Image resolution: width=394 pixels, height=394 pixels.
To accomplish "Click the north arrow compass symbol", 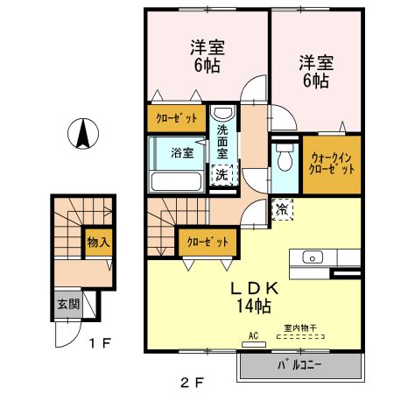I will tap(80, 132).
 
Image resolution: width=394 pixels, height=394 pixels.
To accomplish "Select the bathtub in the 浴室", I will tap(177, 181).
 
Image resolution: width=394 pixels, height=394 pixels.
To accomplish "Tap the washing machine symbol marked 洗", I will tap(222, 174).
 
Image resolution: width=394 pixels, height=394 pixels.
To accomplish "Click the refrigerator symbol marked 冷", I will tap(282, 209).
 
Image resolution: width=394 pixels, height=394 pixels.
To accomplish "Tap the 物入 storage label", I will tap(97, 241).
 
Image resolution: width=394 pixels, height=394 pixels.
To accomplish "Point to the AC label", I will tap(253, 335).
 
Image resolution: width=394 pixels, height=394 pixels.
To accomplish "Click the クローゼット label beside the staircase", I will tap(208, 241).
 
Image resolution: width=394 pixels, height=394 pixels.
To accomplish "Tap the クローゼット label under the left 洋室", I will tap(177, 118).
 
